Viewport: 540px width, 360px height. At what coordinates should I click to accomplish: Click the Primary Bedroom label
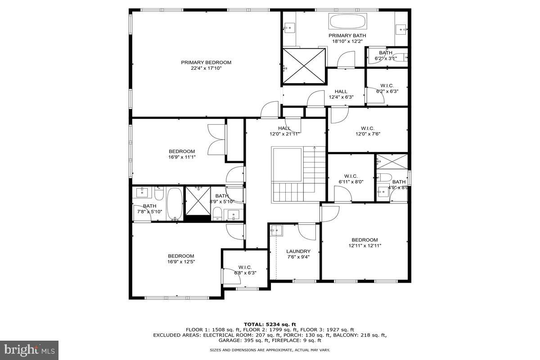point(206,63)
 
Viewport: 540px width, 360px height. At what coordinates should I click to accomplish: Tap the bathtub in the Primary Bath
point(348,21)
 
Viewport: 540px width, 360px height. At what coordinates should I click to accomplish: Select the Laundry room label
point(298,251)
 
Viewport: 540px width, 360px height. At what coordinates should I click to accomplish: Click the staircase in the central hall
point(314,175)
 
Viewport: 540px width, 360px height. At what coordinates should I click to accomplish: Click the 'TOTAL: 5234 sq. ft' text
point(270,324)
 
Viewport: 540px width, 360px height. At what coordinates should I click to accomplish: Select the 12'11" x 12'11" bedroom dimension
point(364,246)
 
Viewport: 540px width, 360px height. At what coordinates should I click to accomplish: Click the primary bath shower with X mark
point(304,66)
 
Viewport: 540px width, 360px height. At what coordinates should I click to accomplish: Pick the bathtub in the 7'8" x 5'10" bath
point(175,204)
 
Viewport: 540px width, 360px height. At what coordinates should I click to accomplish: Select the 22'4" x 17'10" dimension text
point(206,68)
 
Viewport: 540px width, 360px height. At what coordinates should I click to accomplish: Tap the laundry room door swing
point(307,231)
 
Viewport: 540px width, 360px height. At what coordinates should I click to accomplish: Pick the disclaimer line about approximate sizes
point(270,350)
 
